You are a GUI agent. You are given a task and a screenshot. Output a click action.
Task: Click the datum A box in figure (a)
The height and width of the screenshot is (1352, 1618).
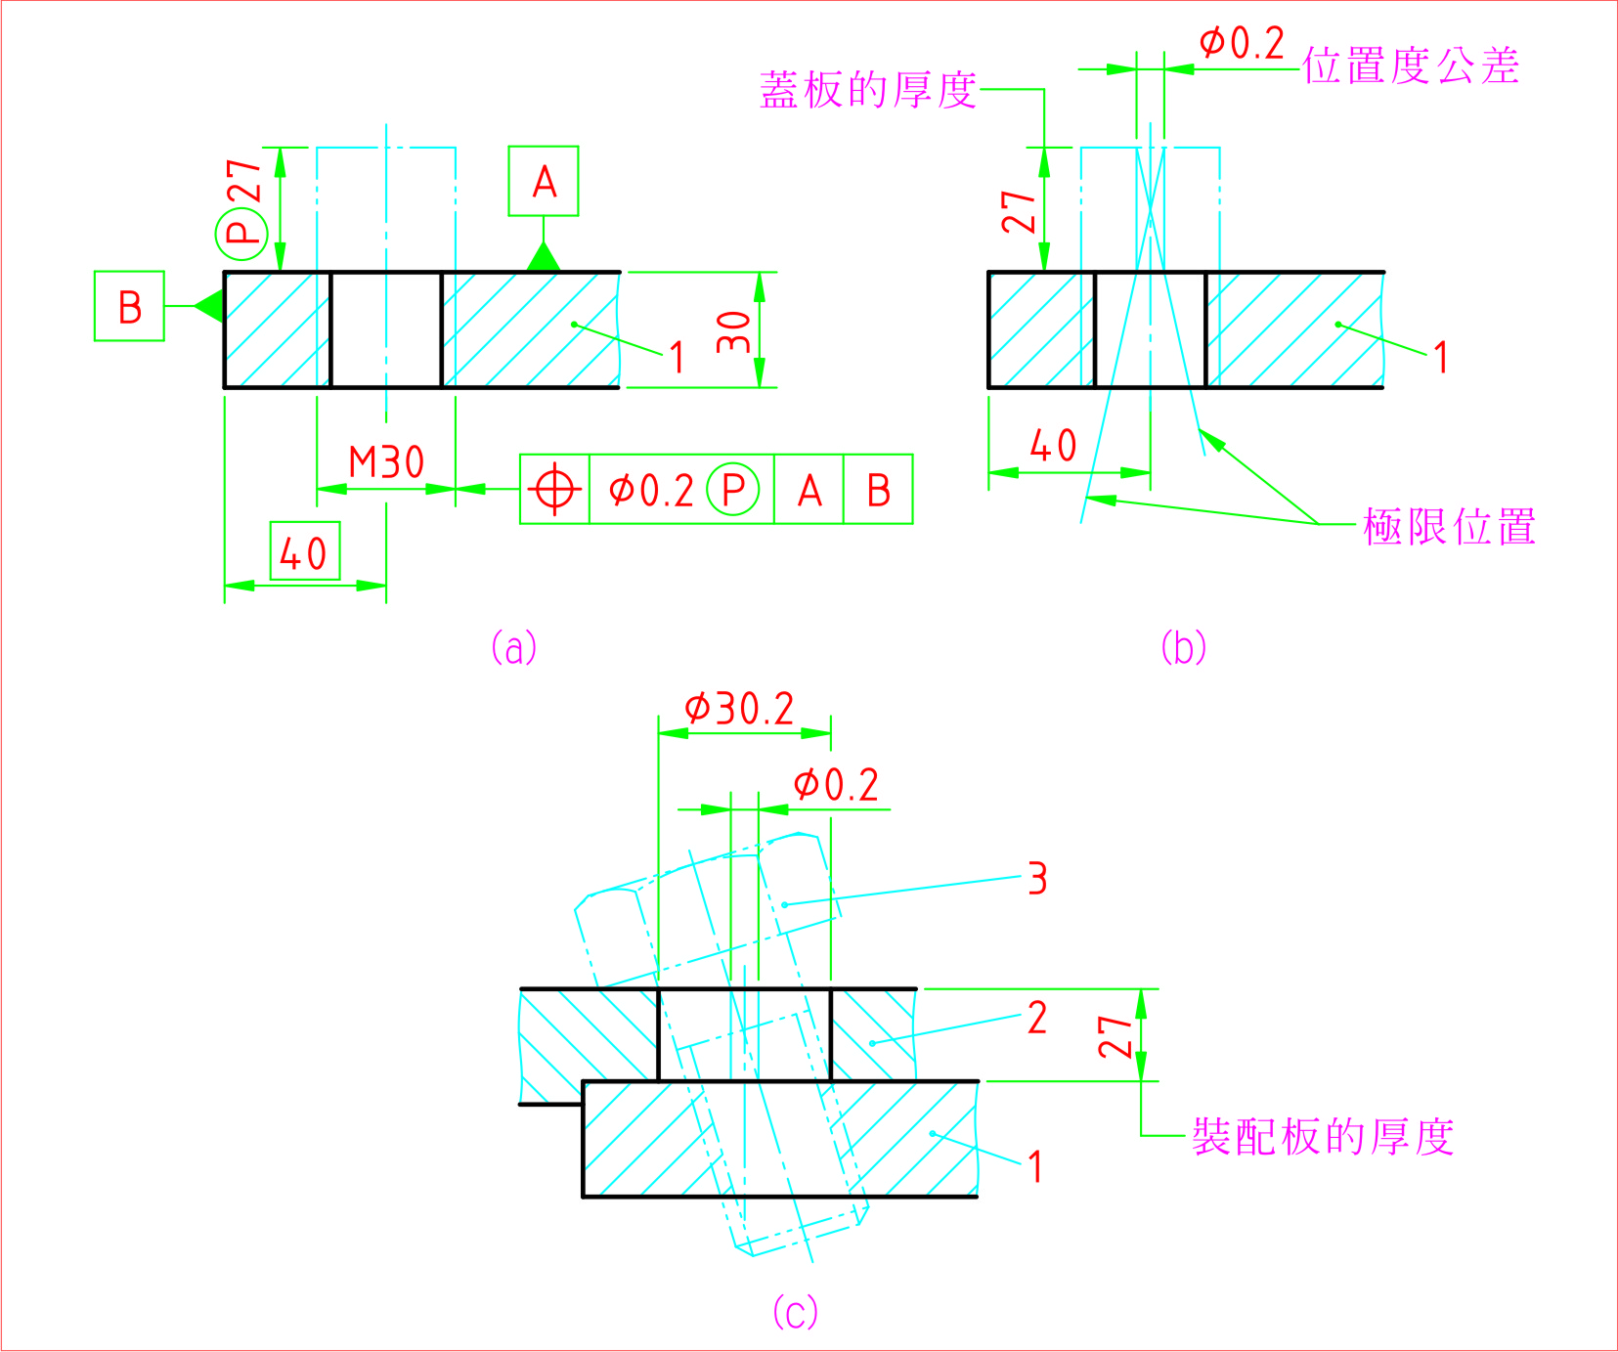(x=544, y=181)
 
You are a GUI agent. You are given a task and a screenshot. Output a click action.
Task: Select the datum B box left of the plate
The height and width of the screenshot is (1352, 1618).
(x=129, y=306)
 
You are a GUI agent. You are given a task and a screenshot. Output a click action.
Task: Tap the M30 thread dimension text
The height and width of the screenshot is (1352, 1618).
(x=386, y=462)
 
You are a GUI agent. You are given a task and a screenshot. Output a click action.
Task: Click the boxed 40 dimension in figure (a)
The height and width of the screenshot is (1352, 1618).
(x=305, y=552)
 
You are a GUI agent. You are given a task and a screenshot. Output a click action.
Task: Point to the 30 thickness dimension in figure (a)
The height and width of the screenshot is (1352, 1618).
(x=734, y=331)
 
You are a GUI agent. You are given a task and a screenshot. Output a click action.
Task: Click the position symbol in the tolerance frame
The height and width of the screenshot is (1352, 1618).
(x=554, y=489)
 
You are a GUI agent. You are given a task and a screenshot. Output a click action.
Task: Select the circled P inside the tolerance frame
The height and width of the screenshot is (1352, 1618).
(x=733, y=489)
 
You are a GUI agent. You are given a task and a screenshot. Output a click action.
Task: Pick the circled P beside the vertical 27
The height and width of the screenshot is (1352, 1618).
(x=241, y=234)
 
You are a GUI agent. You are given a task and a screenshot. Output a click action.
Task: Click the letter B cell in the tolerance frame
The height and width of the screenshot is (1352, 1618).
(x=878, y=489)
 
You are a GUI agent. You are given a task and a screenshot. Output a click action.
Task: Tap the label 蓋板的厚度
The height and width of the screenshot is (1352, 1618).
(x=868, y=90)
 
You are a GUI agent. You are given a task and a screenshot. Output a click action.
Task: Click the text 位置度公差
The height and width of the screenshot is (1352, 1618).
(x=1411, y=66)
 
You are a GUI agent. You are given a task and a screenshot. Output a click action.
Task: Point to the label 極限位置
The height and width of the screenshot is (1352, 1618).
(x=1449, y=527)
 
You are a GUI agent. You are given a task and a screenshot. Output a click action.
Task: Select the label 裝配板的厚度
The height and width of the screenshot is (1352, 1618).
(x=1323, y=1137)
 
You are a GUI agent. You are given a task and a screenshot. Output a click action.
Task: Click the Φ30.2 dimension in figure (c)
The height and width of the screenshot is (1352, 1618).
(x=739, y=708)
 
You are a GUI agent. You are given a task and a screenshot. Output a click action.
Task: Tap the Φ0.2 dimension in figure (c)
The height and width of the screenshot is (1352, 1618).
(x=836, y=784)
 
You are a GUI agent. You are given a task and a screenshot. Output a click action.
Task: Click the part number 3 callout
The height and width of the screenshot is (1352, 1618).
(x=1037, y=878)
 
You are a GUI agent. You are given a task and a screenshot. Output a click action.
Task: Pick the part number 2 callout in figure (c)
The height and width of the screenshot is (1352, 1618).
(x=1037, y=1018)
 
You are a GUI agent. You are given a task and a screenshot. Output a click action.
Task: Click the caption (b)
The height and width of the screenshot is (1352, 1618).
(x=1183, y=647)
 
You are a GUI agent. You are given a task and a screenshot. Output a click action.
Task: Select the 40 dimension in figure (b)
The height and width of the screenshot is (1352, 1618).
(x=1053, y=446)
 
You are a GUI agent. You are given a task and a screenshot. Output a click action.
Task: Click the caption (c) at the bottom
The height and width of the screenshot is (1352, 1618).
(x=795, y=1311)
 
